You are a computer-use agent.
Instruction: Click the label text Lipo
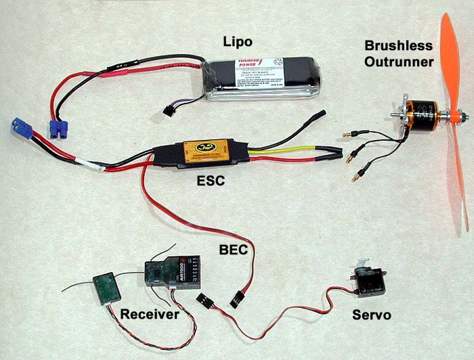(x=238, y=42)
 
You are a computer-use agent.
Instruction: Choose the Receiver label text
(x=150, y=314)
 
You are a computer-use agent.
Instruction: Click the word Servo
(x=372, y=315)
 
